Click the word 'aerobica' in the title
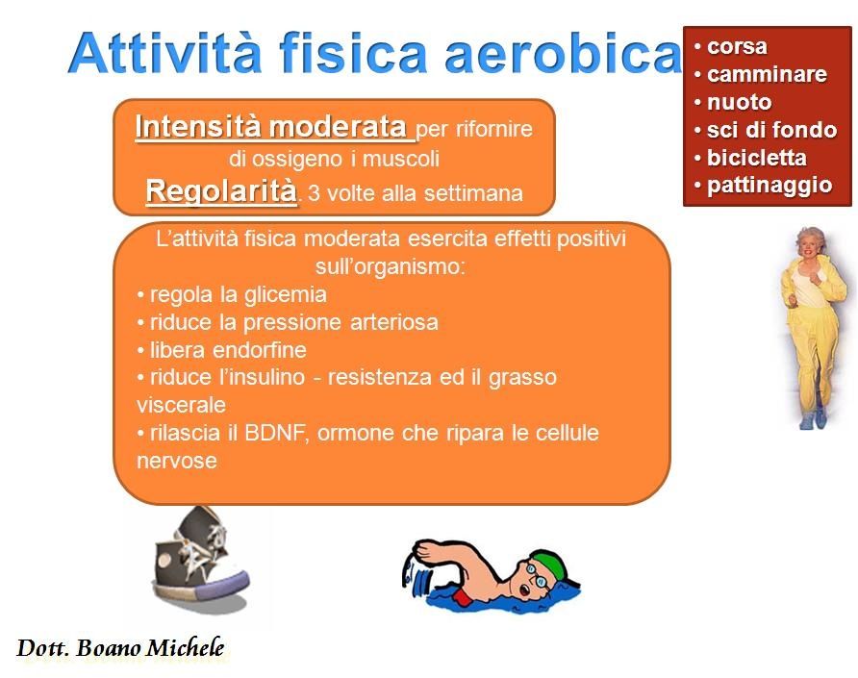[x=563, y=53]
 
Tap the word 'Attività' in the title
[x=164, y=52]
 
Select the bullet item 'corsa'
[x=737, y=46]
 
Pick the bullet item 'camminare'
[x=767, y=74]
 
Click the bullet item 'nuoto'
[x=740, y=102]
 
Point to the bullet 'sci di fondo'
[x=771, y=130]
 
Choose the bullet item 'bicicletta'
[x=756, y=158]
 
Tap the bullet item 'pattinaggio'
[x=770, y=186]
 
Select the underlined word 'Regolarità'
[x=221, y=191]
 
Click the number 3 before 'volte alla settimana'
[x=314, y=193]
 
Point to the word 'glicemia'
[x=285, y=295]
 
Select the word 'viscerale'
[x=181, y=406]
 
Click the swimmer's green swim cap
[x=549, y=564]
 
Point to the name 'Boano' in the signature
[x=108, y=648]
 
